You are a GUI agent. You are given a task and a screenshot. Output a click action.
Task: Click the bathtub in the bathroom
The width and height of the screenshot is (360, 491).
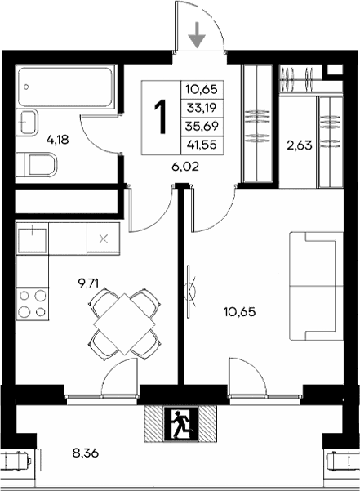click(65, 87)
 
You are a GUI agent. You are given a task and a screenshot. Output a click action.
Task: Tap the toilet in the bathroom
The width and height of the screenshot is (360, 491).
click(37, 165)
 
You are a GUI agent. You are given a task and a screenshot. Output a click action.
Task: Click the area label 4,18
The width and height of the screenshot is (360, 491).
click(57, 140)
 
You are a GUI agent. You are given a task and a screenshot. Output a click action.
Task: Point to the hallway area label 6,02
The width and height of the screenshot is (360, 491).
click(185, 167)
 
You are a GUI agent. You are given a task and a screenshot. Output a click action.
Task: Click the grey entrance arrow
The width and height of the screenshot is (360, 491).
click(197, 35)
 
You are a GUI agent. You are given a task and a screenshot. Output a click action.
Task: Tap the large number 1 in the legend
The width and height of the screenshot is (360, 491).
click(161, 117)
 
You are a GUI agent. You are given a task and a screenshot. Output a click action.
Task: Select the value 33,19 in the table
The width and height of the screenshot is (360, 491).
click(202, 109)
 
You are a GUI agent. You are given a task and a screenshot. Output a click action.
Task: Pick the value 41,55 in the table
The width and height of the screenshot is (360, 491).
click(202, 145)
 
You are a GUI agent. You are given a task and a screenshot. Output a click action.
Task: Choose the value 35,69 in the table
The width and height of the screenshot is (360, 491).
click(202, 127)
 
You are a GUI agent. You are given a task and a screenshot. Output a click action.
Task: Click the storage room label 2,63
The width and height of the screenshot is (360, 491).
click(300, 145)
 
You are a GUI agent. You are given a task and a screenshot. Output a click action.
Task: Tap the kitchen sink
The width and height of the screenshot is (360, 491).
click(33, 240)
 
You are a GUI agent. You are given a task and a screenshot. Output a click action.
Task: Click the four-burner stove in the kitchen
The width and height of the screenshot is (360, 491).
click(33, 304)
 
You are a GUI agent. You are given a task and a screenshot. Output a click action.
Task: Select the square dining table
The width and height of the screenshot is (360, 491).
click(124, 324)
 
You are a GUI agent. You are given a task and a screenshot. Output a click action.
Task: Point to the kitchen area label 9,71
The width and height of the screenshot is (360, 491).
click(88, 283)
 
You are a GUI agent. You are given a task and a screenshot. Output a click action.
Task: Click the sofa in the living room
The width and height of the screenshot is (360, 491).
click(317, 286)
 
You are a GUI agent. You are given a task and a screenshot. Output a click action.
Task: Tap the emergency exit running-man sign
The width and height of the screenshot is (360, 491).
click(181, 424)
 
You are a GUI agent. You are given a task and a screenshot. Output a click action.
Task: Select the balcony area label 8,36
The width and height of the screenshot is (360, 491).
click(86, 453)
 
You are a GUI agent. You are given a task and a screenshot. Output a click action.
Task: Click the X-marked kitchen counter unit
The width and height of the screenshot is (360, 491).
click(103, 239)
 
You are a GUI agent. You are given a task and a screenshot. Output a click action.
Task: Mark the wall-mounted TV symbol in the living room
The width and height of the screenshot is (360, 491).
click(190, 292)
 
